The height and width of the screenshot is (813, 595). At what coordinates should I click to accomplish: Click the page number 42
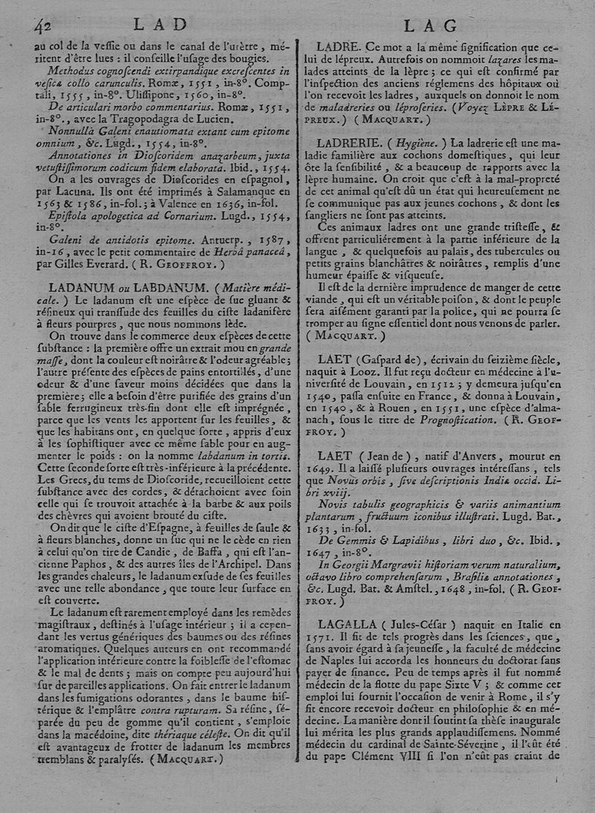(x=41, y=26)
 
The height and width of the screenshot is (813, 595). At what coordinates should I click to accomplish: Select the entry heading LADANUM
(x=82, y=287)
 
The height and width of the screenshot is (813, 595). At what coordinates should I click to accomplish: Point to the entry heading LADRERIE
(x=351, y=141)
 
